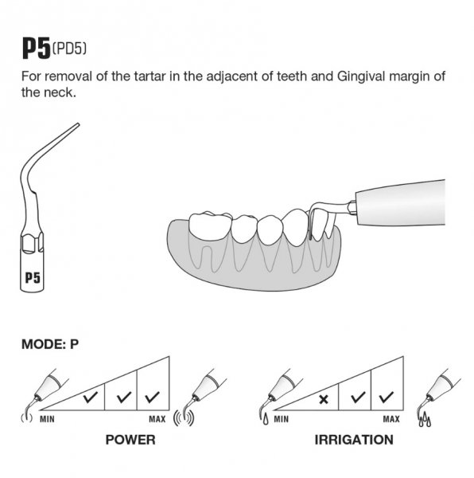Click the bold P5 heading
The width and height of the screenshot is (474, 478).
[x=37, y=49]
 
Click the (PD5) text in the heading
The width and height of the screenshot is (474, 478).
[x=69, y=49]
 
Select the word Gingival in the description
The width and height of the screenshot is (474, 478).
[x=361, y=76]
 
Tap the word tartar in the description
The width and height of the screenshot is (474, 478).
[x=150, y=76]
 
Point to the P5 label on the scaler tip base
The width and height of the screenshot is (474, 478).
[x=33, y=278]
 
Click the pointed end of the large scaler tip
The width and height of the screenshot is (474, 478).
[x=78, y=124]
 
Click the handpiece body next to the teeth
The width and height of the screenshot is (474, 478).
[x=400, y=202]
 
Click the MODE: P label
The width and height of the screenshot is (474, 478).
[x=50, y=344]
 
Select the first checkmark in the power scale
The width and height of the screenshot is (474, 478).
[x=91, y=397]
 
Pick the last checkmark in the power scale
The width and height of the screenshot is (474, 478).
[x=152, y=397]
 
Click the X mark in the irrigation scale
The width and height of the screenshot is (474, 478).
[x=324, y=399]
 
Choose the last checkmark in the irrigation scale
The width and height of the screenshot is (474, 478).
[x=387, y=397]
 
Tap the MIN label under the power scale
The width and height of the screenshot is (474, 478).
[x=47, y=420]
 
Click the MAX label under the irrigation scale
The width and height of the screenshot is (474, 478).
[x=391, y=420]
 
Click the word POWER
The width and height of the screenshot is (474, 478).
[x=130, y=440]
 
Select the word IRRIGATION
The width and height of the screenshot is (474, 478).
[x=354, y=440]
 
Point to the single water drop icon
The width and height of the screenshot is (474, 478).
[x=266, y=419]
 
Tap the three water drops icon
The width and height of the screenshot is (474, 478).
[x=425, y=421]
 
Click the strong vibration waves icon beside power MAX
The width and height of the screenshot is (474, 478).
[x=184, y=418]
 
